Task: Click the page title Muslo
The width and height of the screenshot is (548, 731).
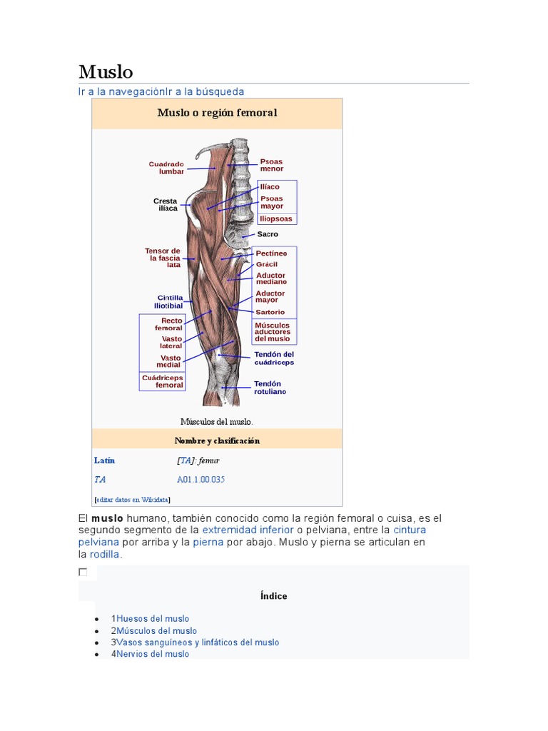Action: [x=106, y=72]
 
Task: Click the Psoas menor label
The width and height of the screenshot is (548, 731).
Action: [x=272, y=165]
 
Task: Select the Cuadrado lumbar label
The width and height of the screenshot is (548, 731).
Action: [x=166, y=168]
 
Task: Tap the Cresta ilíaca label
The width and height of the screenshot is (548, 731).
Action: [x=165, y=204]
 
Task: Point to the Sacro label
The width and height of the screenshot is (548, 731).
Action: [x=268, y=234]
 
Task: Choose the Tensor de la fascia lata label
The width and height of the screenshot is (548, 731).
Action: [x=163, y=258]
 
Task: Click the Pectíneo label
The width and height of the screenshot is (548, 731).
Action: [x=271, y=253]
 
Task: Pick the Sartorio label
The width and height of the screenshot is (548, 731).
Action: [x=270, y=312]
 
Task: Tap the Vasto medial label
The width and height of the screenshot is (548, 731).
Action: [x=170, y=361]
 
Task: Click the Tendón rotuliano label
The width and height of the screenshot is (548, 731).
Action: [x=270, y=388]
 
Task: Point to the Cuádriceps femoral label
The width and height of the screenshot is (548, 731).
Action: [x=162, y=381]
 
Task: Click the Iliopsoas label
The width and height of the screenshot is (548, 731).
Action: [x=276, y=218]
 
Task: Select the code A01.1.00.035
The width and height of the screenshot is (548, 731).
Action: [x=201, y=480]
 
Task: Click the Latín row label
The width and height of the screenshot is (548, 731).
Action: [x=104, y=460]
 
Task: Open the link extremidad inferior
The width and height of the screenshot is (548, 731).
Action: [x=248, y=530]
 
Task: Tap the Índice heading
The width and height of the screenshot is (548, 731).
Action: [x=274, y=596]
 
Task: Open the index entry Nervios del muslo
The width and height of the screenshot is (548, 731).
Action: [x=153, y=654]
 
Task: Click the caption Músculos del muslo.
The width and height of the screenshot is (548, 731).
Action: [x=217, y=421]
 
